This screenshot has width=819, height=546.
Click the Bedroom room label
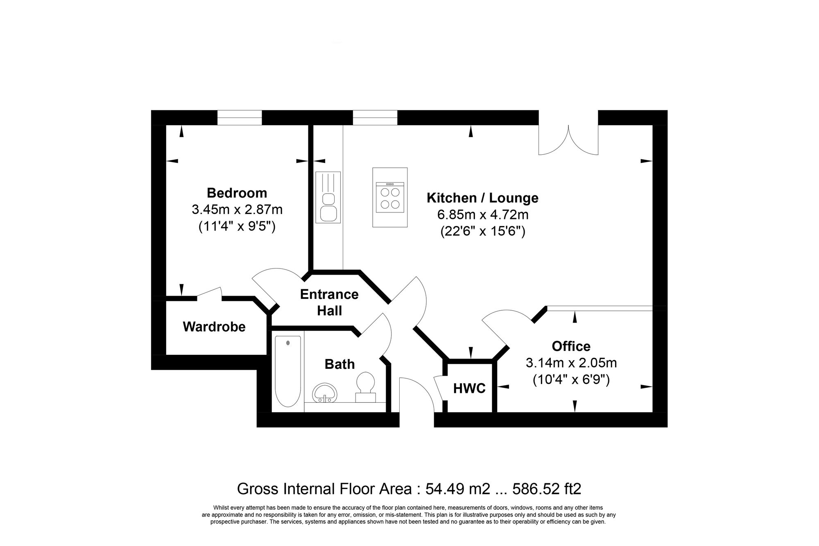pyautogui.click(x=237, y=193)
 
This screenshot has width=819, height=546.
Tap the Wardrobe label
pyautogui.click(x=214, y=327)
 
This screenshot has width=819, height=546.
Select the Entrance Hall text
pyautogui.click(x=329, y=302)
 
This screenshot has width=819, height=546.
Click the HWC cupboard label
pyautogui.click(x=469, y=388)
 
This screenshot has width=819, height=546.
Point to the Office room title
pyautogui.click(x=571, y=346)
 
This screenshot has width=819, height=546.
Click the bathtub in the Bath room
pyautogui.click(x=288, y=371)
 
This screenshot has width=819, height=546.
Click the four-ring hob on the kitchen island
pyautogui.click(x=390, y=198)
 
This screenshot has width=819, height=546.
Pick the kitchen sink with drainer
pyautogui.click(x=328, y=197)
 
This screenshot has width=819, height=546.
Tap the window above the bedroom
pyautogui.click(x=239, y=117)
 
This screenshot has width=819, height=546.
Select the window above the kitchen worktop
pyautogui.click(x=375, y=117)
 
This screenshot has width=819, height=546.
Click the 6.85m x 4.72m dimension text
pyautogui.click(x=483, y=214)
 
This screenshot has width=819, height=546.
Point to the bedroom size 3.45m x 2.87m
pyautogui.click(x=237, y=210)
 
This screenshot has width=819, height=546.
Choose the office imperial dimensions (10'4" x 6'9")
pyautogui.click(x=571, y=380)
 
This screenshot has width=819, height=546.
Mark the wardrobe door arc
pyautogui.click(x=210, y=292)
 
